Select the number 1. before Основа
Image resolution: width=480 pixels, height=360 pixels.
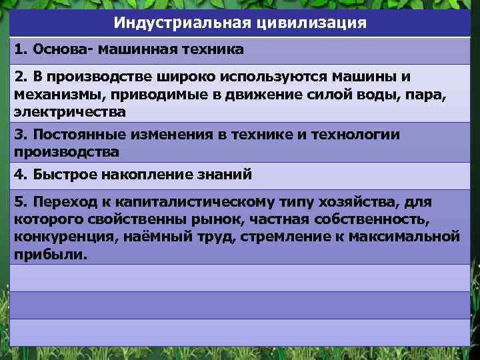[x=21, y=49]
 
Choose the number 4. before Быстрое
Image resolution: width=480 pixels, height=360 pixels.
[x=21, y=175]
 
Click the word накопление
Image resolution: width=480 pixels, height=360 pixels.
[x=149, y=175]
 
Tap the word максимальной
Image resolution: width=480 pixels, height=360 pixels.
[x=411, y=236]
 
